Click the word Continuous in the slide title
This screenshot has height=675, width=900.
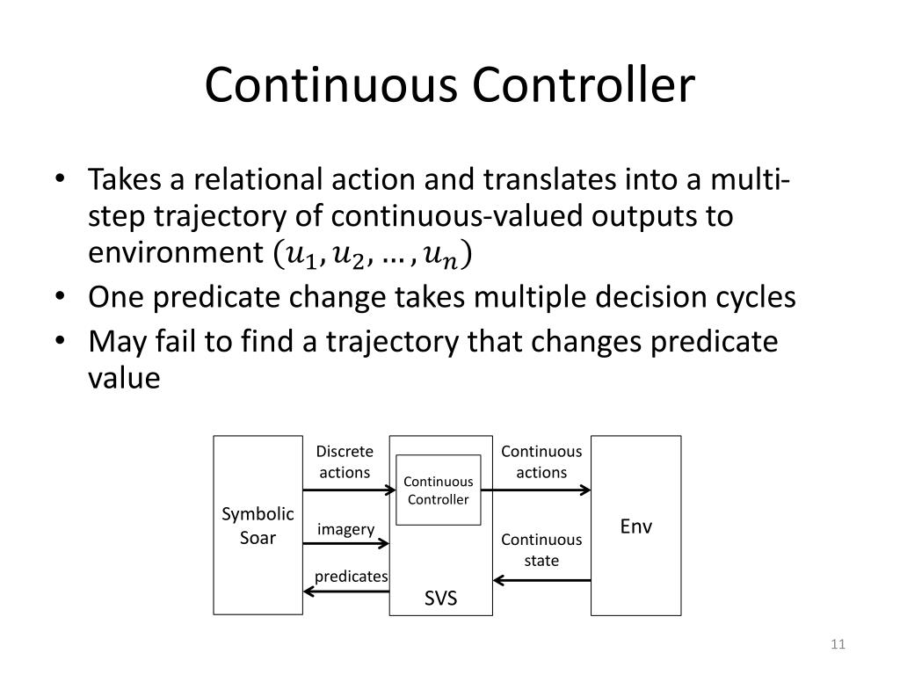333,85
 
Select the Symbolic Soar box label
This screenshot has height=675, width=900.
258,526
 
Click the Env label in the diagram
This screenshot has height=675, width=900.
635,527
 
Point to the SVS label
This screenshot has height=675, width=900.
441,599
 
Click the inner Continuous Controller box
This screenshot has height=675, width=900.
438,490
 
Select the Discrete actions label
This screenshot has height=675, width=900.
345,461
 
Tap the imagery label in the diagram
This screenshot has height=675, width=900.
345,529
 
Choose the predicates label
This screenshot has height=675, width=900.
352,577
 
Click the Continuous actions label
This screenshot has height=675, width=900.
541,461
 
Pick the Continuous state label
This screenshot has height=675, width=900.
541,549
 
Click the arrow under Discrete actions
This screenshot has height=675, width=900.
345,491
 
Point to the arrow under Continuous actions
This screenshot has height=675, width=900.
541,491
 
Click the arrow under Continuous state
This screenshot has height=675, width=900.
541,580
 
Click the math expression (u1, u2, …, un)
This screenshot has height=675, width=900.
372,255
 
